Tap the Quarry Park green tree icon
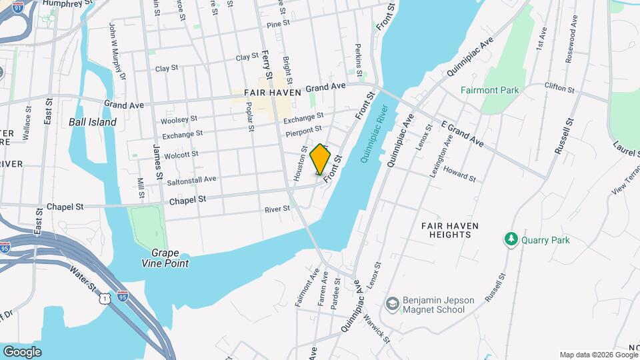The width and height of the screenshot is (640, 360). coord(511,239)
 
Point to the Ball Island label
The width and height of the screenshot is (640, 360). coord(93,122)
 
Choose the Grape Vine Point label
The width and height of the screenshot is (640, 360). coord(170,258)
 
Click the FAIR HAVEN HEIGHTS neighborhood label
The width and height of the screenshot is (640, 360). coord(450,230)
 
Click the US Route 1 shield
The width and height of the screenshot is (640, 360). coord(105,300)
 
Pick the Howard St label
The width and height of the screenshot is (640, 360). coord(459,175)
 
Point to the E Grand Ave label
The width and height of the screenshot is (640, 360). coord(462,134)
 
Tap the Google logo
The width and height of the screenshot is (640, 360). coord(22,351)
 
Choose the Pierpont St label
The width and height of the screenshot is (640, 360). coord(303,131)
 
